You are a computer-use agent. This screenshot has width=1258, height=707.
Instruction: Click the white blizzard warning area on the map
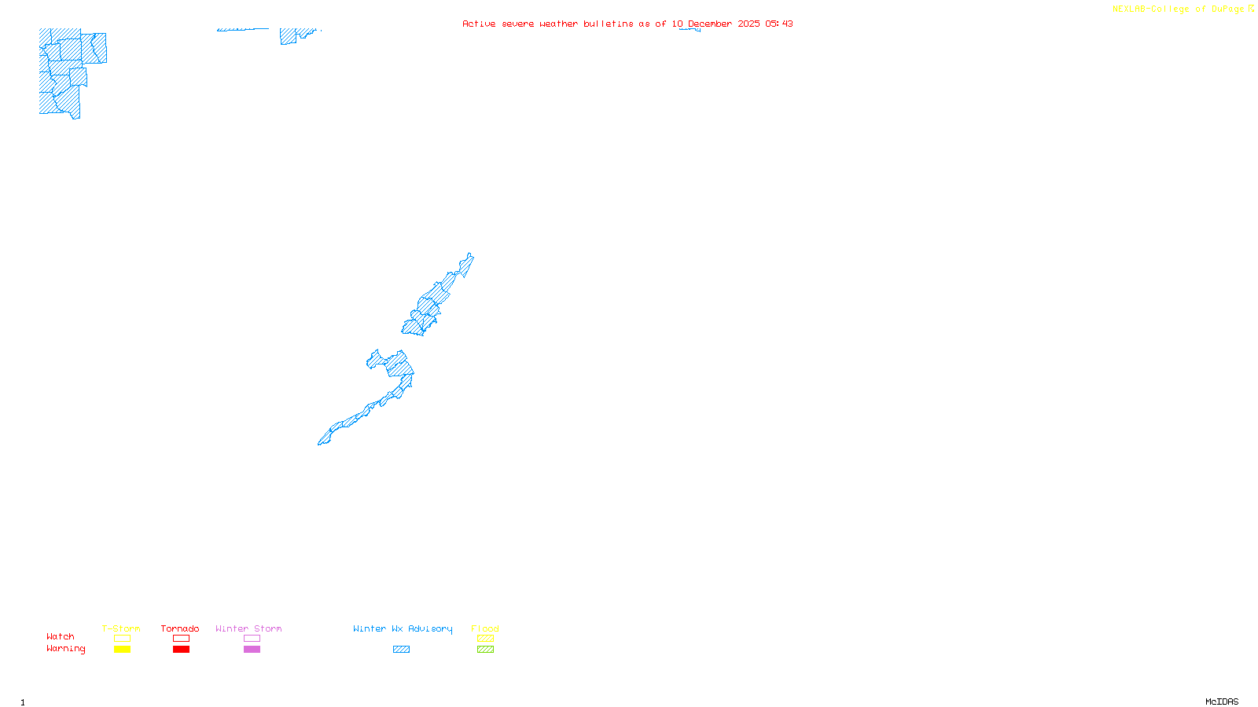pyautogui.click(x=465, y=280)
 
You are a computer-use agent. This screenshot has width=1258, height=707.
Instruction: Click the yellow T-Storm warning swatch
pyautogui.click(x=122, y=650)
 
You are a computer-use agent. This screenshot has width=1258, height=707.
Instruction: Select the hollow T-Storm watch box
pyautogui.click(x=122, y=639)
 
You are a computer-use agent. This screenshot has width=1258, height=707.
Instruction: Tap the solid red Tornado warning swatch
pyautogui.click(x=181, y=650)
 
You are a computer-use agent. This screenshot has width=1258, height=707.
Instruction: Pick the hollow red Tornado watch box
pyautogui.click(x=181, y=639)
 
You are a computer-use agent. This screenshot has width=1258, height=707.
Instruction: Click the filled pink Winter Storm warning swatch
pyautogui.click(x=252, y=650)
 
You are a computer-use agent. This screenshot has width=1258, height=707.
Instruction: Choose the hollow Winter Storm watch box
pyautogui.click(x=252, y=639)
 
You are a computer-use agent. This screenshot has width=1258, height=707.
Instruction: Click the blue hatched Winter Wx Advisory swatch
pyautogui.click(x=401, y=650)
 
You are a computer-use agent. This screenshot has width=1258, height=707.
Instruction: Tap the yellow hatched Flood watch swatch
pyautogui.click(x=485, y=639)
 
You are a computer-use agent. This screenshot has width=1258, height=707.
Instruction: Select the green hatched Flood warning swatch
pyautogui.click(x=485, y=650)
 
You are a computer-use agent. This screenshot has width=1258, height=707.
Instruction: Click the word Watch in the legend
pyautogui.click(x=61, y=637)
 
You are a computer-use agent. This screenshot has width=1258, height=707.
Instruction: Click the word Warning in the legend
pyautogui.click(x=65, y=649)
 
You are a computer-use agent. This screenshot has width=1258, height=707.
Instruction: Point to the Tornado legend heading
pyautogui.click(x=180, y=628)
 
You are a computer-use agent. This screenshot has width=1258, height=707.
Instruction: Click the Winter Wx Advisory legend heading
pyautogui.click(x=403, y=628)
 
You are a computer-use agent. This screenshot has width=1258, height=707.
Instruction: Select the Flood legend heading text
pyautogui.click(x=485, y=628)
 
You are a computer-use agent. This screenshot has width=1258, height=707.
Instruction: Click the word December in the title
pyautogui.click(x=710, y=24)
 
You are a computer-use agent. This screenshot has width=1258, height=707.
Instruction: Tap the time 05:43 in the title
pyautogui.click(x=779, y=24)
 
